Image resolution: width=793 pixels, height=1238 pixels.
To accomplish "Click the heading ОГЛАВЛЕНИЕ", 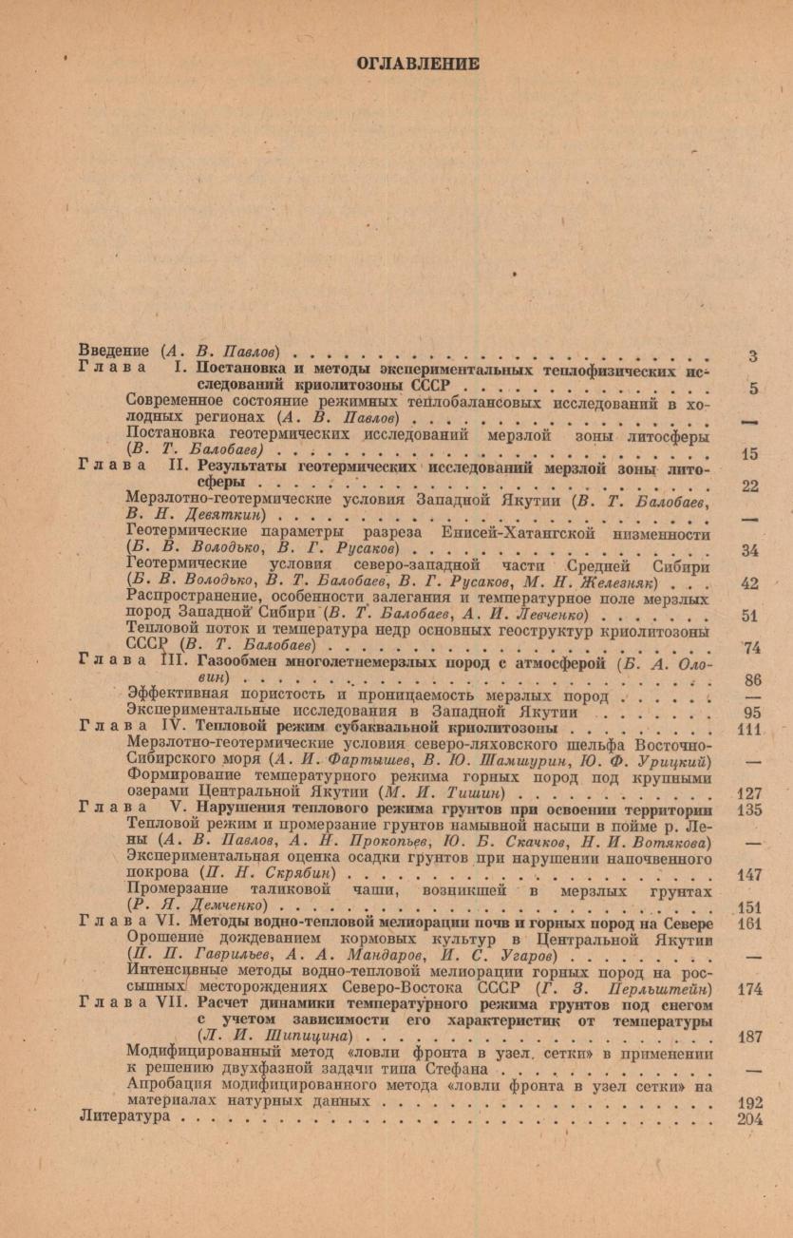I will [417, 64].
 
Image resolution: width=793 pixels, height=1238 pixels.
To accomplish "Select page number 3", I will [752, 357].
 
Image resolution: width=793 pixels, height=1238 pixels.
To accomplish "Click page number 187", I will [749, 1038].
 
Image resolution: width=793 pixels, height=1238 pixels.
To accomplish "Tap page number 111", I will [749, 701].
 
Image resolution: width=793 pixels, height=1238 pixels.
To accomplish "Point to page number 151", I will [749, 906].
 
